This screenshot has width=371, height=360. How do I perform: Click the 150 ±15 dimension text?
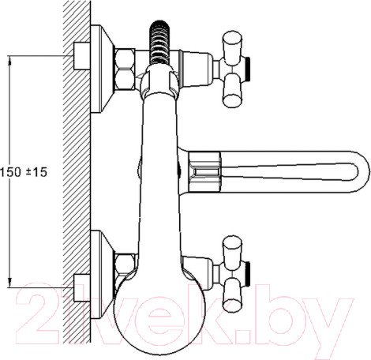[x=24, y=172]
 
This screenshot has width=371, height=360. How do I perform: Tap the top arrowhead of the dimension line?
[x=9, y=61]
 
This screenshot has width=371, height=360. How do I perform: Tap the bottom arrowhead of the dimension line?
[x=9, y=283]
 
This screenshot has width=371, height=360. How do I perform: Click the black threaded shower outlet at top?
[x=159, y=42]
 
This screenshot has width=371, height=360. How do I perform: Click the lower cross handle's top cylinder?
[x=232, y=250]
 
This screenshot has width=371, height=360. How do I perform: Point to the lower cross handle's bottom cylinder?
[x=232, y=294]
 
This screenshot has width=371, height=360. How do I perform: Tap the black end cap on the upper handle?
[x=248, y=69]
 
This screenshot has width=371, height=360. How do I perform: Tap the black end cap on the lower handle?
[x=248, y=273]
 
